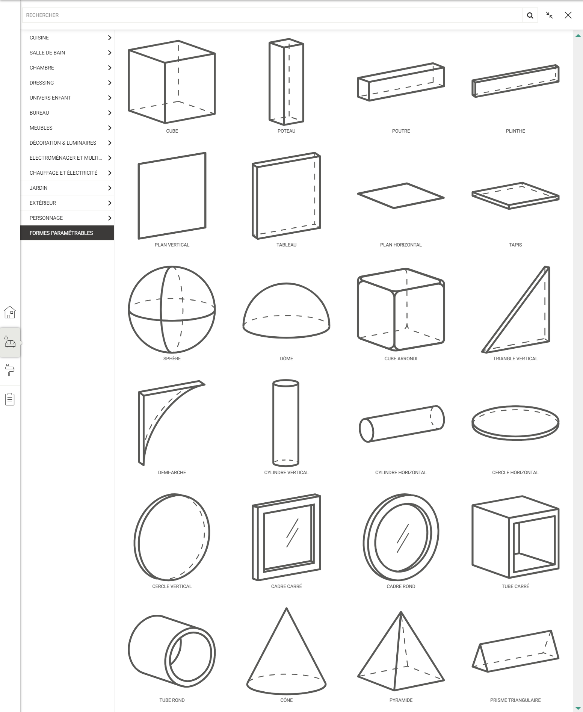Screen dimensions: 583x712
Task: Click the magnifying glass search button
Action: tap(530, 15)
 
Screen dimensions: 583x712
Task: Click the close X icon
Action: tap(568, 15)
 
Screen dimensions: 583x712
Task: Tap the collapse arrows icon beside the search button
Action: tap(549, 15)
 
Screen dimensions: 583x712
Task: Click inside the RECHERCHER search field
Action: tap(272, 15)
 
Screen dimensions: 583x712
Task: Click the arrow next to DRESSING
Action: tap(110, 83)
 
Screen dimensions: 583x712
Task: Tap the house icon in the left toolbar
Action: tap(10, 312)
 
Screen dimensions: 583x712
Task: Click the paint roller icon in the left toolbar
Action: tap(10, 370)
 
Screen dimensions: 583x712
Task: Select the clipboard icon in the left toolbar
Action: tap(10, 399)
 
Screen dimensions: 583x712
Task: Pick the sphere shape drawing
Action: tap(172, 310)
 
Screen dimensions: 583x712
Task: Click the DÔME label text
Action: tap(286, 359)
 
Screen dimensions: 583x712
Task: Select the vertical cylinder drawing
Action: tap(286, 423)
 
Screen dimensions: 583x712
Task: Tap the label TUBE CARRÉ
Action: tap(515, 587)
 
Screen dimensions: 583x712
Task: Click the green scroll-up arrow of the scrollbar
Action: tap(578, 36)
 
